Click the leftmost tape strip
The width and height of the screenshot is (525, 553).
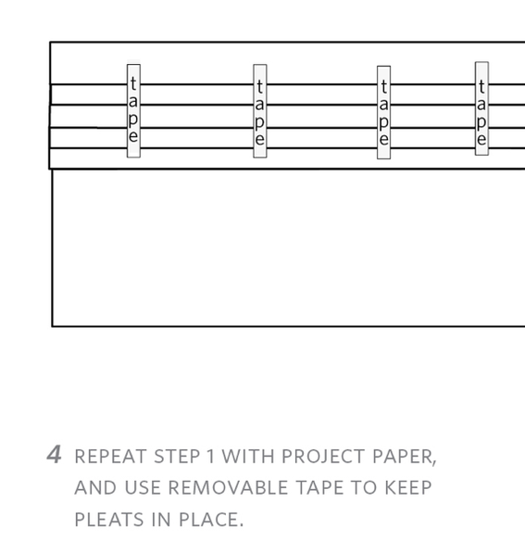click(x=133, y=111)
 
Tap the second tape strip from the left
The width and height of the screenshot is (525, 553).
click(x=260, y=111)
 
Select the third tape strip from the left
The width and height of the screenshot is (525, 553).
click(x=384, y=112)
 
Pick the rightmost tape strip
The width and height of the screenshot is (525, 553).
click(x=482, y=108)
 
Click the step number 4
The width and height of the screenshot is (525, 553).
click(x=54, y=454)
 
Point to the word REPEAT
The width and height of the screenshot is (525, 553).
click(x=111, y=457)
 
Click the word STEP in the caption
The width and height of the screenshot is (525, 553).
click(x=178, y=457)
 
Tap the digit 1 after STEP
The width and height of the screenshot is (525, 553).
click(x=211, y=457)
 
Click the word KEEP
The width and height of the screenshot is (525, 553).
click(x=408, y=488)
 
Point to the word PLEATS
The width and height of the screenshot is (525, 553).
click(x=109, y=520)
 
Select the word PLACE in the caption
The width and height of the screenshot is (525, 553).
click(x=211, y=520)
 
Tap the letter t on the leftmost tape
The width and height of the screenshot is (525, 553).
click(x=133, y=83)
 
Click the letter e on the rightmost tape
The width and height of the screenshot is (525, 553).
click(x=481, y=139)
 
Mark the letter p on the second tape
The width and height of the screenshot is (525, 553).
click(x=259, y=122)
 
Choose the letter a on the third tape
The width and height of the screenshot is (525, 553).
click(x=384, y=105)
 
